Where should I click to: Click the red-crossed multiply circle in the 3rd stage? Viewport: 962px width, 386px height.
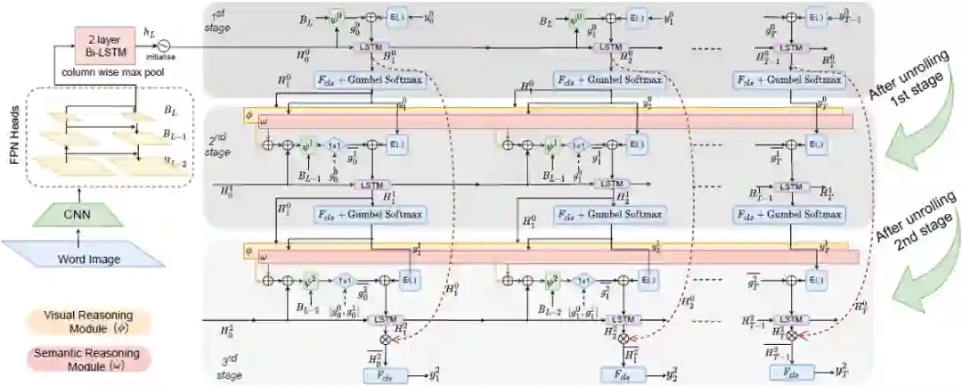click(x=793, y=336)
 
